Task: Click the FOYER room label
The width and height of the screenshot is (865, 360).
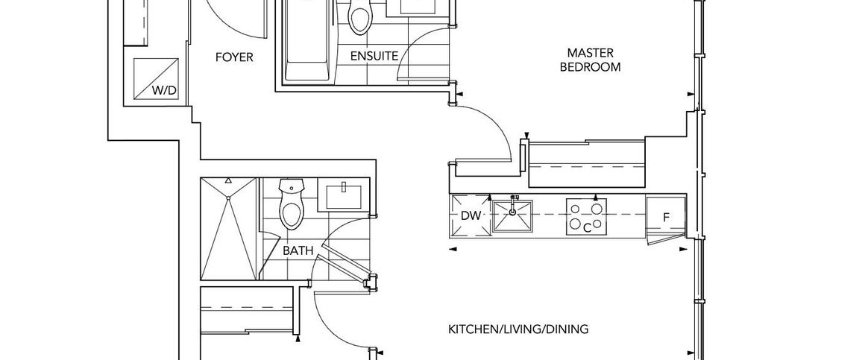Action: [234, 57]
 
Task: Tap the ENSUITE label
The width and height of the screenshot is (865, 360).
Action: [374, 56]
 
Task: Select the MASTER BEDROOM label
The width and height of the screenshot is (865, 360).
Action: [591, 60]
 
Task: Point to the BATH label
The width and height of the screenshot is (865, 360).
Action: [298, 251]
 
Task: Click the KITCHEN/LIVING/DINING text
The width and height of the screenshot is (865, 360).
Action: [518, 329]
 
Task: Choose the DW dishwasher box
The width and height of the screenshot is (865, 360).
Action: [471, 215]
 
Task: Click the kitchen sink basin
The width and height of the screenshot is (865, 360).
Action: [512, 217]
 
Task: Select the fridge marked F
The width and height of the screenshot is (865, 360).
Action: [666, 217]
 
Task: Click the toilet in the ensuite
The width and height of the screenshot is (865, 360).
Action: [359, 16]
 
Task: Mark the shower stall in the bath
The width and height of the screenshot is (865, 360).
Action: [229, 228]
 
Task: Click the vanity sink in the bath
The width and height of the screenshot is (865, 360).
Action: [343, 197]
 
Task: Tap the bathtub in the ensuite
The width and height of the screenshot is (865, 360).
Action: [306, 40]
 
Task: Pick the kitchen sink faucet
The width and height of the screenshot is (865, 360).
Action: [514, 204]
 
